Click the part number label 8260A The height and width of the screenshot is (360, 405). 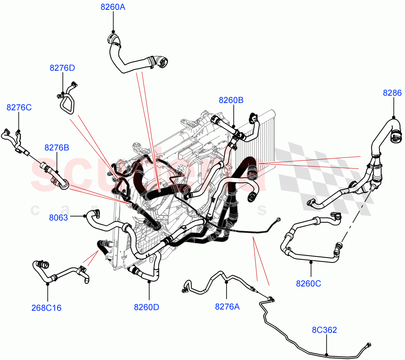pos(113,7)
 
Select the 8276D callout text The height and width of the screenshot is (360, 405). pos(62,68)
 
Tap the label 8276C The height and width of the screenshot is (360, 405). pos(19,107)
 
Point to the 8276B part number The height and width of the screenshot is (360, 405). pos(57,148)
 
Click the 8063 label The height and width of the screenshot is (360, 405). pos(58,217)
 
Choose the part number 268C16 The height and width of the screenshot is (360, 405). pos(46,308)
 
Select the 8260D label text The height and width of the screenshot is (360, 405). pos(146,307)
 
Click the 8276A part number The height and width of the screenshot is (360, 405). pos(227,306)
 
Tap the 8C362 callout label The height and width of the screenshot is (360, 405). pos(324,330)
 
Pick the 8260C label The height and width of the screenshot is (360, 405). pos(308,283)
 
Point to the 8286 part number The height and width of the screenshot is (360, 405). pos(392,93)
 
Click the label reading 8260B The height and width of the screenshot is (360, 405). pos(231,100)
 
